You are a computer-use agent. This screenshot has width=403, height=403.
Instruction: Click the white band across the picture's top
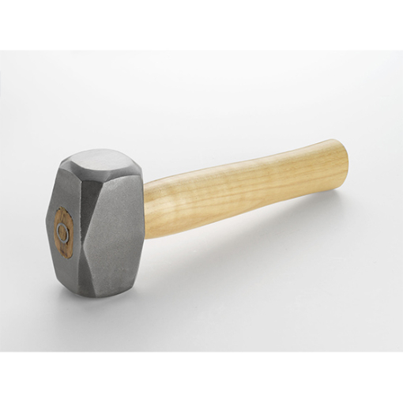[201, 24]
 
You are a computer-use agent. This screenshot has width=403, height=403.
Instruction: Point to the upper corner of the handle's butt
[335, 141]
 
